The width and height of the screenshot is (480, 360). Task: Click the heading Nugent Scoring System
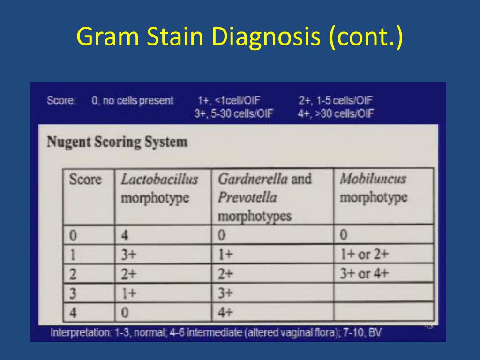(117, 142)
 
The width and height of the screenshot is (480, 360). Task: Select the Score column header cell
(85, 179)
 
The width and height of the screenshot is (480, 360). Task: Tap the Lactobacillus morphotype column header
(159, 188)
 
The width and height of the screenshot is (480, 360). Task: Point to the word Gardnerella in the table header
(253, 179)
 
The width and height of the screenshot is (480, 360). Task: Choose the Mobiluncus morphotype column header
(373, 188)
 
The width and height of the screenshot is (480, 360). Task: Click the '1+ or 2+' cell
(364, 254)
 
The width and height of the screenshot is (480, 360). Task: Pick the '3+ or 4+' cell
(364, 273)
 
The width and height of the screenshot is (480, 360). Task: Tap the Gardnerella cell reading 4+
(225, 312)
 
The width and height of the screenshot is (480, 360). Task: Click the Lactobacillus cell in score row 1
(128, 254)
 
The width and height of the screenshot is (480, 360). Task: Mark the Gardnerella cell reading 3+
(225, 293)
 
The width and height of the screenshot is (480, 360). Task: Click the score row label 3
(73, 293)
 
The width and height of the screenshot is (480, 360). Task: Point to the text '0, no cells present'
(133, 100)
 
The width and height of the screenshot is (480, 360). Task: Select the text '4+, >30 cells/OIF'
(336, 113)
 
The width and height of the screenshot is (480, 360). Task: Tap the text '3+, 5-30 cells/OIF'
(233, 113)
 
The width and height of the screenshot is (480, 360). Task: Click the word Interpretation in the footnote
(79, 333)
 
